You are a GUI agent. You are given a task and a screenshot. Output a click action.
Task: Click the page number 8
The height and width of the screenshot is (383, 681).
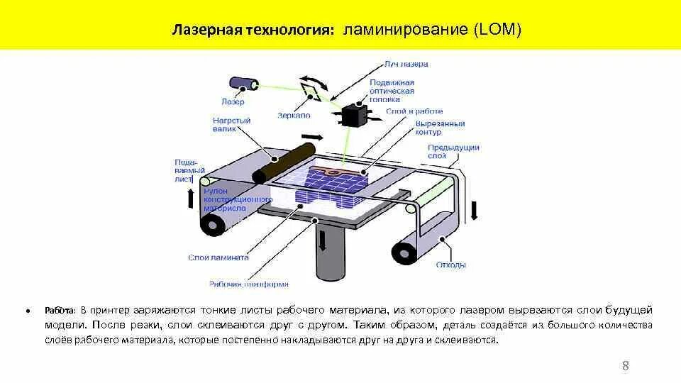[x=625, y=366]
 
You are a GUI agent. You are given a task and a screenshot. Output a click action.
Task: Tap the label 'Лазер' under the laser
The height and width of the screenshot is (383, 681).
[x=233, y=101]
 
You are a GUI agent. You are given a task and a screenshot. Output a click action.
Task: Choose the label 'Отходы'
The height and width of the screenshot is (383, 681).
[x=451, y=265]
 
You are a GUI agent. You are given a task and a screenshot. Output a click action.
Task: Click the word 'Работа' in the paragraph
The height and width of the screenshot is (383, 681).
[x=60, y=311]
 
